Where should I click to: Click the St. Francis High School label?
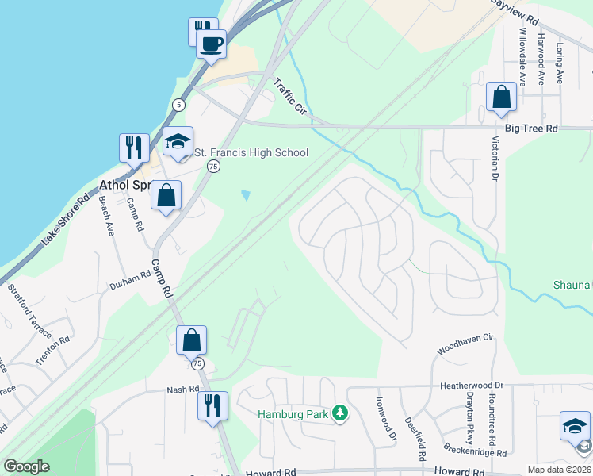coord(251,153)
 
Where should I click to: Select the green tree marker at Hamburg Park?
coord(340,413)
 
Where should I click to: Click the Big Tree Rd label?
coord(531,128)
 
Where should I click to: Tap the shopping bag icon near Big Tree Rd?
coord(501,98)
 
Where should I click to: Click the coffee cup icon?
coord(212,44)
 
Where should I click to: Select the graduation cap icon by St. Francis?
coord(178,143)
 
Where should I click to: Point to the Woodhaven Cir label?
coord(465,344)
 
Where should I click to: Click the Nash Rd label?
coord(182,390)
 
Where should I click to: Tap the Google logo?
coord(26,466)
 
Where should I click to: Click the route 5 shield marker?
coord(180,105)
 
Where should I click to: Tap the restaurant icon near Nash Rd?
coord(212,406)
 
